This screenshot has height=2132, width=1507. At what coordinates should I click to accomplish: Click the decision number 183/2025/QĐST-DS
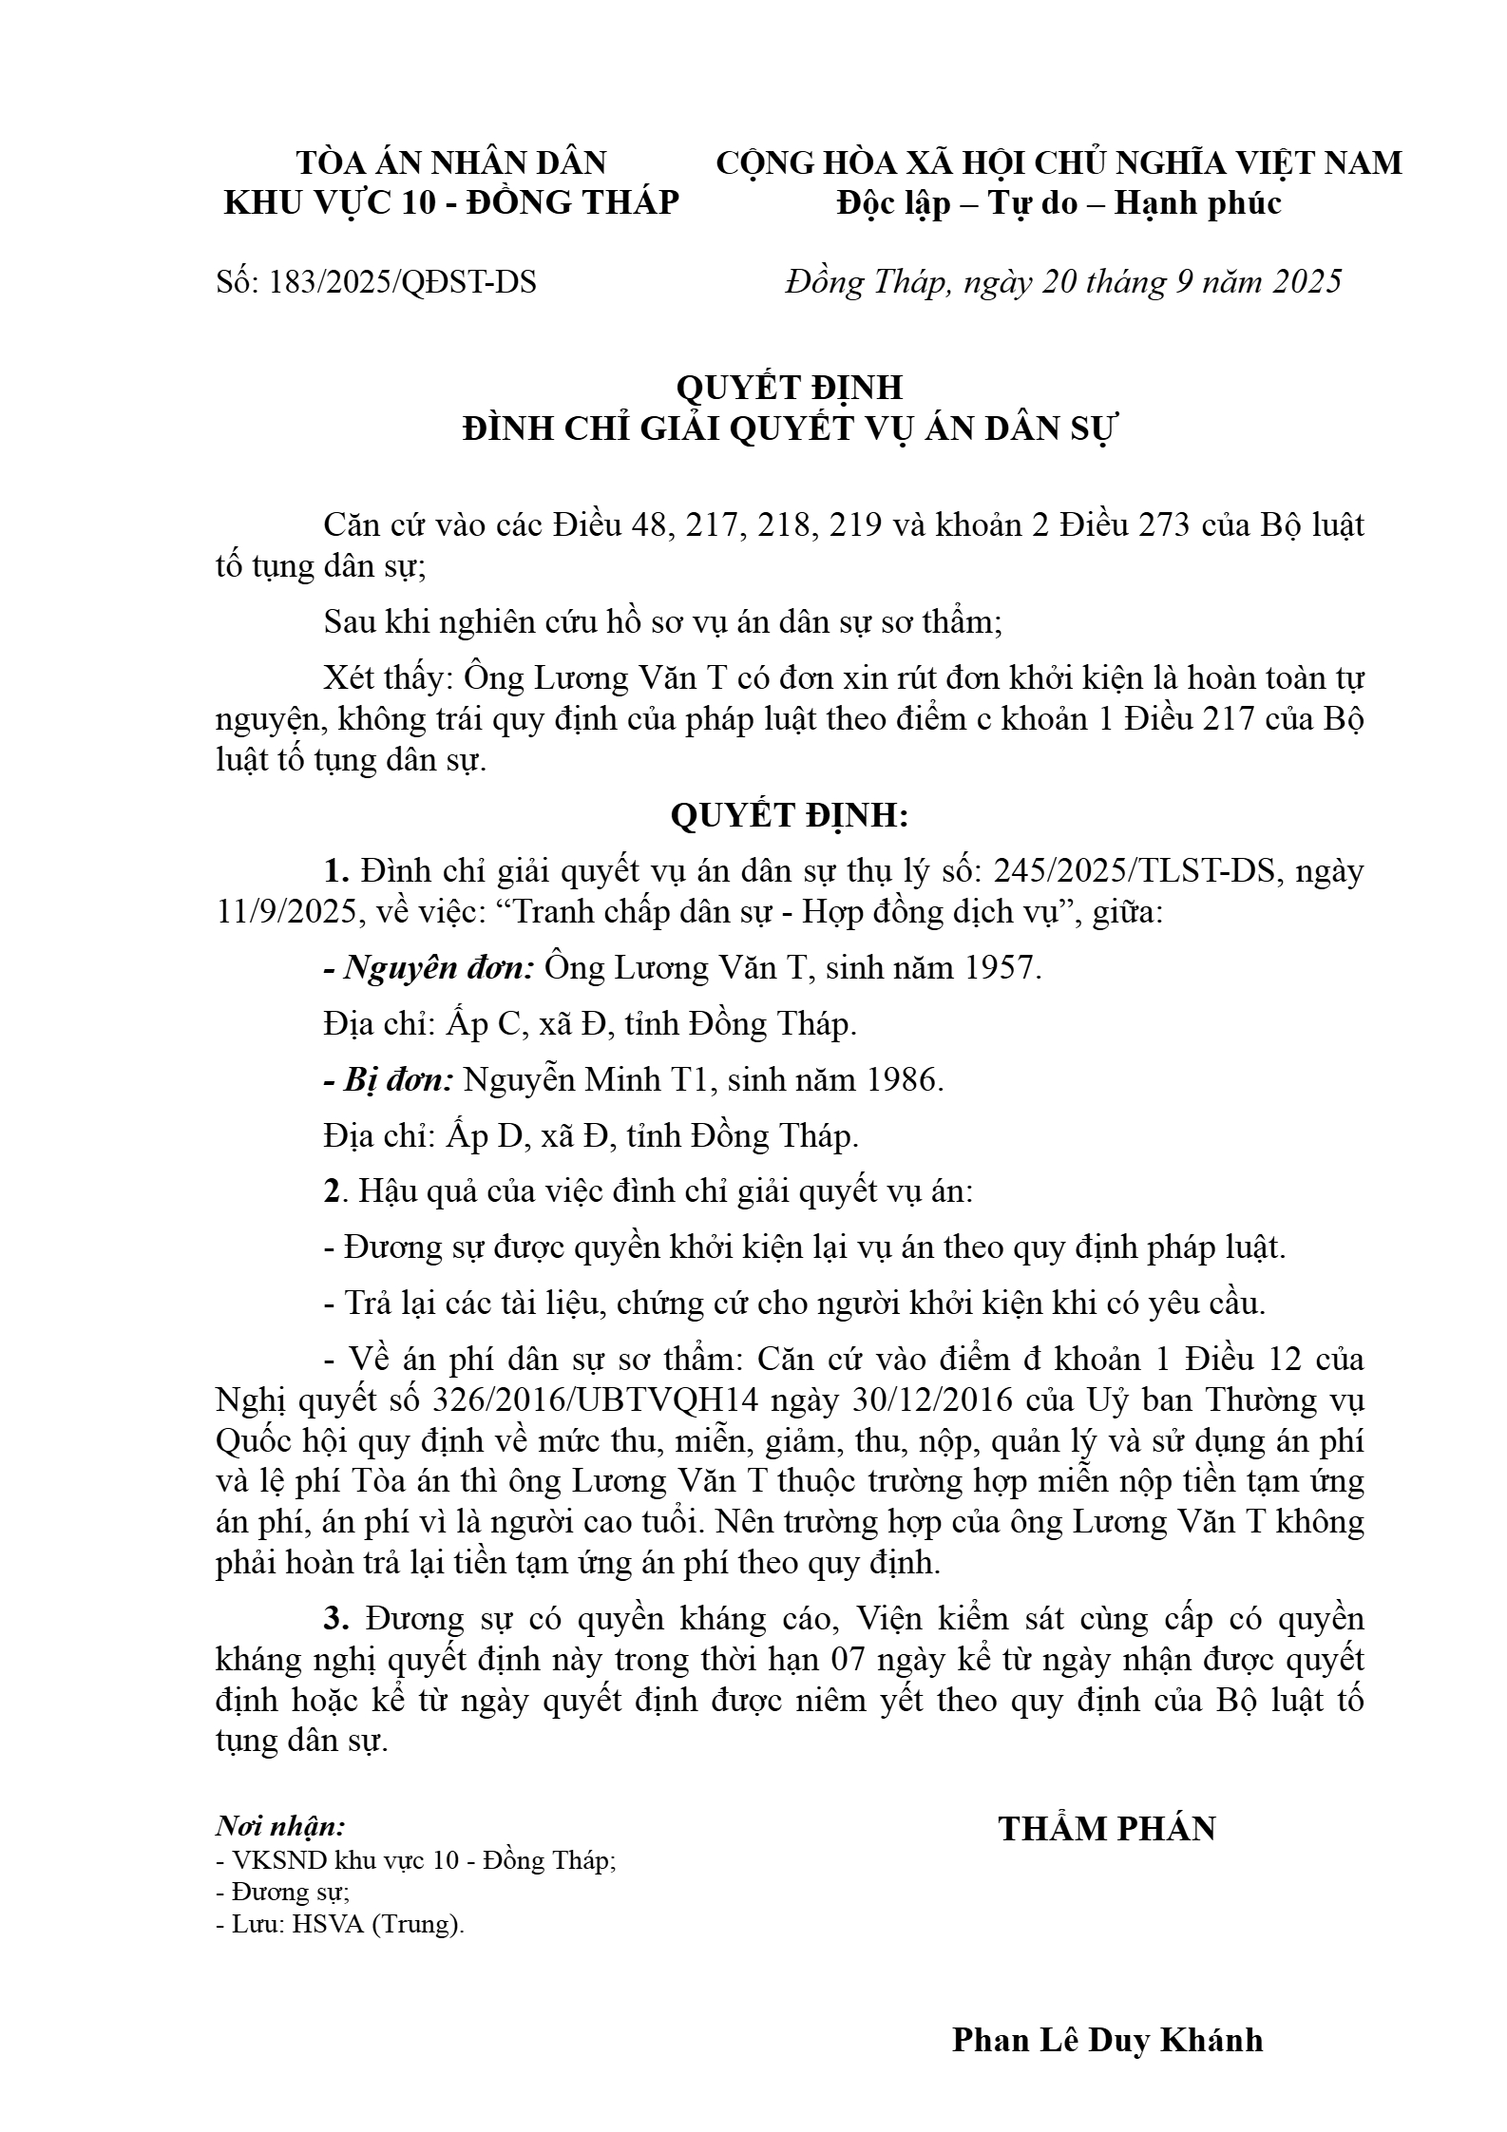pyautogui.click(x=403, y=282)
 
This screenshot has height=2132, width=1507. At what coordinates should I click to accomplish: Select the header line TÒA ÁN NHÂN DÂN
pyautogui.click(x=451, y=163)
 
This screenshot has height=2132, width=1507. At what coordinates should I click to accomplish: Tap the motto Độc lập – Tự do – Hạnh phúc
pyautogui.click(x=1059, y=203)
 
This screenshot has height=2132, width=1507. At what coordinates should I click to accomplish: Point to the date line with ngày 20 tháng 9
pyautogui.click(x=1063, y=282)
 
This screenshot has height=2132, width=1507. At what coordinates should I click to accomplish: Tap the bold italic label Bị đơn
pyautogui.click(x=398, y=1080)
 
